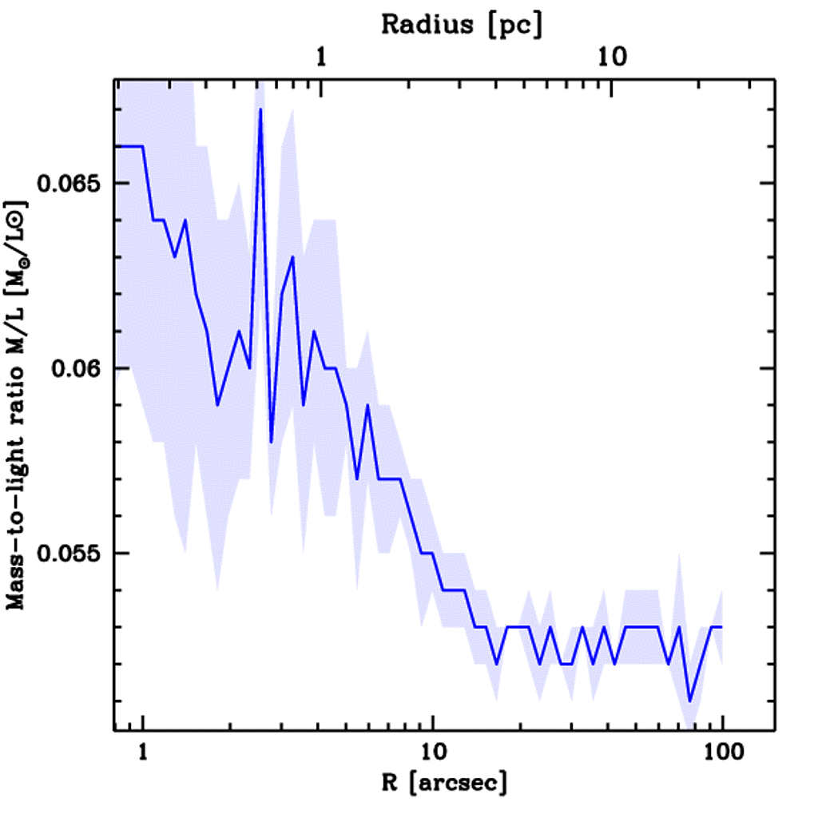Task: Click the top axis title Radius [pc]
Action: point(462,24)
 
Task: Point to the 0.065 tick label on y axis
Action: point(70,184)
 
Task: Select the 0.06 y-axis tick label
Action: point(78,368)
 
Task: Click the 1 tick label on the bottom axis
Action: point(143,752)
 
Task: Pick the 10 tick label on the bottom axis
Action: point(432,752)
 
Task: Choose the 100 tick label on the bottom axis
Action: point(722,752)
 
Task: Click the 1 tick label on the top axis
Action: point(321,58)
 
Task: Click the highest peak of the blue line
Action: point(260,109)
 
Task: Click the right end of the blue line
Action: point(722,627)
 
